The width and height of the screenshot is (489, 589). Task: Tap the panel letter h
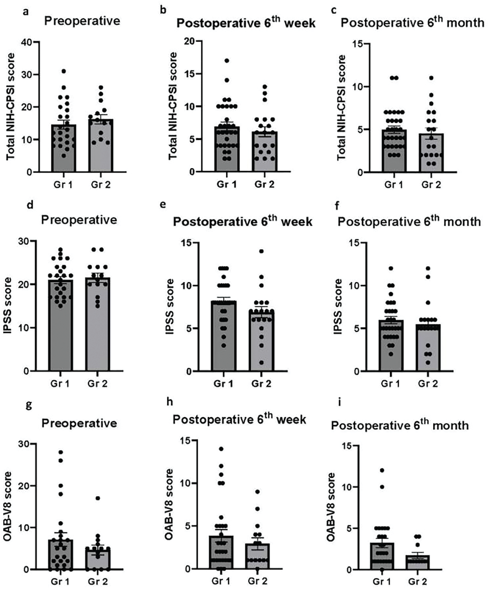169,402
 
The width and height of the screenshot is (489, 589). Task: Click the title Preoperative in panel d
79,220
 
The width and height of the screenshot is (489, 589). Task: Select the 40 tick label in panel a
27,42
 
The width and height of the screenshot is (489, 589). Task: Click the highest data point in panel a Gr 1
64,71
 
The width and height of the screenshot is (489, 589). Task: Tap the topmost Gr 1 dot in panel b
227,61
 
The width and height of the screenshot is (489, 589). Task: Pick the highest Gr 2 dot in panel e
261,251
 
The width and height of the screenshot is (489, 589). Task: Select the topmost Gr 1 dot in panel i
382,470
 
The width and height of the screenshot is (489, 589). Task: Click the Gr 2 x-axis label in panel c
431,184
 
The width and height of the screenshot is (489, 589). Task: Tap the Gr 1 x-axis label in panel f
390,383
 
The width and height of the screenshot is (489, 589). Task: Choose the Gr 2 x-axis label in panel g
98,581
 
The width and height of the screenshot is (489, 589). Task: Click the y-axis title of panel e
170,307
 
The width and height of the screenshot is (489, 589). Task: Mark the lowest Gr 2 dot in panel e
261,363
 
